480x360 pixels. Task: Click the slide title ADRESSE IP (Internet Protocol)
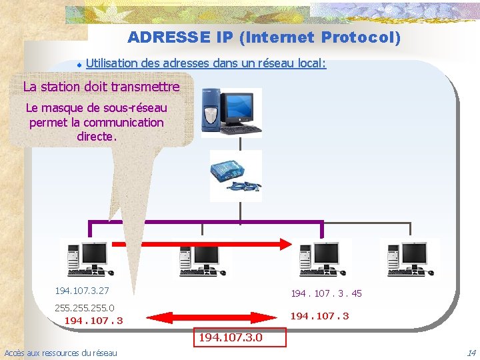click(264, 37)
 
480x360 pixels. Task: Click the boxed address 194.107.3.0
click(239, 337)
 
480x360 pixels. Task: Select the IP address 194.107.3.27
click(82, 291)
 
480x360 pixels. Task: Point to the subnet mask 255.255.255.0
click(84, 308)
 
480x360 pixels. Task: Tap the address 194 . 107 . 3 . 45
click(326, 293)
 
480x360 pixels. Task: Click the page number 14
click(471, 353)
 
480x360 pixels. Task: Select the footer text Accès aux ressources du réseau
click(61, 353)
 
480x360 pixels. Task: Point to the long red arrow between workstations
click(200, 244)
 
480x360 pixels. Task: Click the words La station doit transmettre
click(101, 87)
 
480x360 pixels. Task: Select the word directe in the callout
click(96, 137)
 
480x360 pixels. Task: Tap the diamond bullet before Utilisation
click(79, 65)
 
